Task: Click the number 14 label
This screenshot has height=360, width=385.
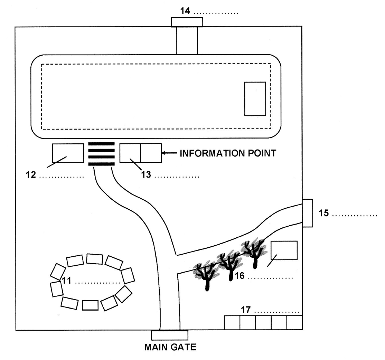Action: (185, 11)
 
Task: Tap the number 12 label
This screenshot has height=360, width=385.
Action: (31, 175)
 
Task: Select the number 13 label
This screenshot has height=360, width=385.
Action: (146, 175)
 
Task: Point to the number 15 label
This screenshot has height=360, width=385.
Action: (323, 213)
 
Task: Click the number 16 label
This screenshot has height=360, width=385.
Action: (240, 276)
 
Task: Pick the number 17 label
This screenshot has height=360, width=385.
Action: (246, 310)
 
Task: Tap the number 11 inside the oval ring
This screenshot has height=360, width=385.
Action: (66, 281)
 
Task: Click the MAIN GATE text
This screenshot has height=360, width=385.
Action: (170, 347)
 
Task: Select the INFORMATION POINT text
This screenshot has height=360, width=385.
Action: (228, 153)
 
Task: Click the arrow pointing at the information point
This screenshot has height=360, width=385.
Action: (169, 153)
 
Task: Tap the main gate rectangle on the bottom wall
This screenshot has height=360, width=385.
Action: (170, 335)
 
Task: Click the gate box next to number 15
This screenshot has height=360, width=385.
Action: (307, 213)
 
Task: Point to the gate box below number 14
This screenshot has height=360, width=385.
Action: (187, 22)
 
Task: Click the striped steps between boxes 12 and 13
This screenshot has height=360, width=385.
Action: (101, 154)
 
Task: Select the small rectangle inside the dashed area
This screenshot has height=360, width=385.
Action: (255, 99)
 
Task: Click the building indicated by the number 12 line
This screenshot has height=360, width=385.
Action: (68, 153)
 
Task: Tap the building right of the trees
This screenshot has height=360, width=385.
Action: (284, 250)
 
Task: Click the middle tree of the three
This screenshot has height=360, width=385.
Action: (229, 266)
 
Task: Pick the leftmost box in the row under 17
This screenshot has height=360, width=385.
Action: (232, 323)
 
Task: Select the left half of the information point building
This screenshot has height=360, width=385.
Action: (130, 153)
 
